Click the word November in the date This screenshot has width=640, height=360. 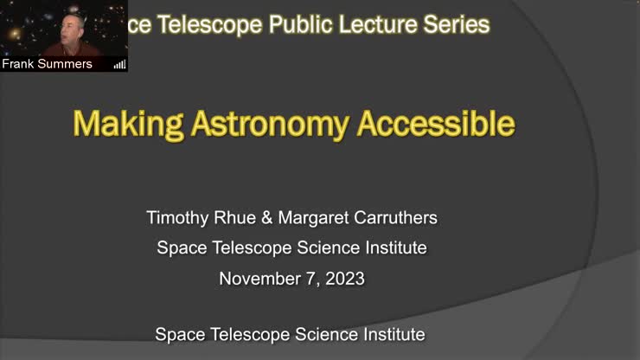click(259, 279)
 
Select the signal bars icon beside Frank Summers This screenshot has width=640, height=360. click(119, 64)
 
